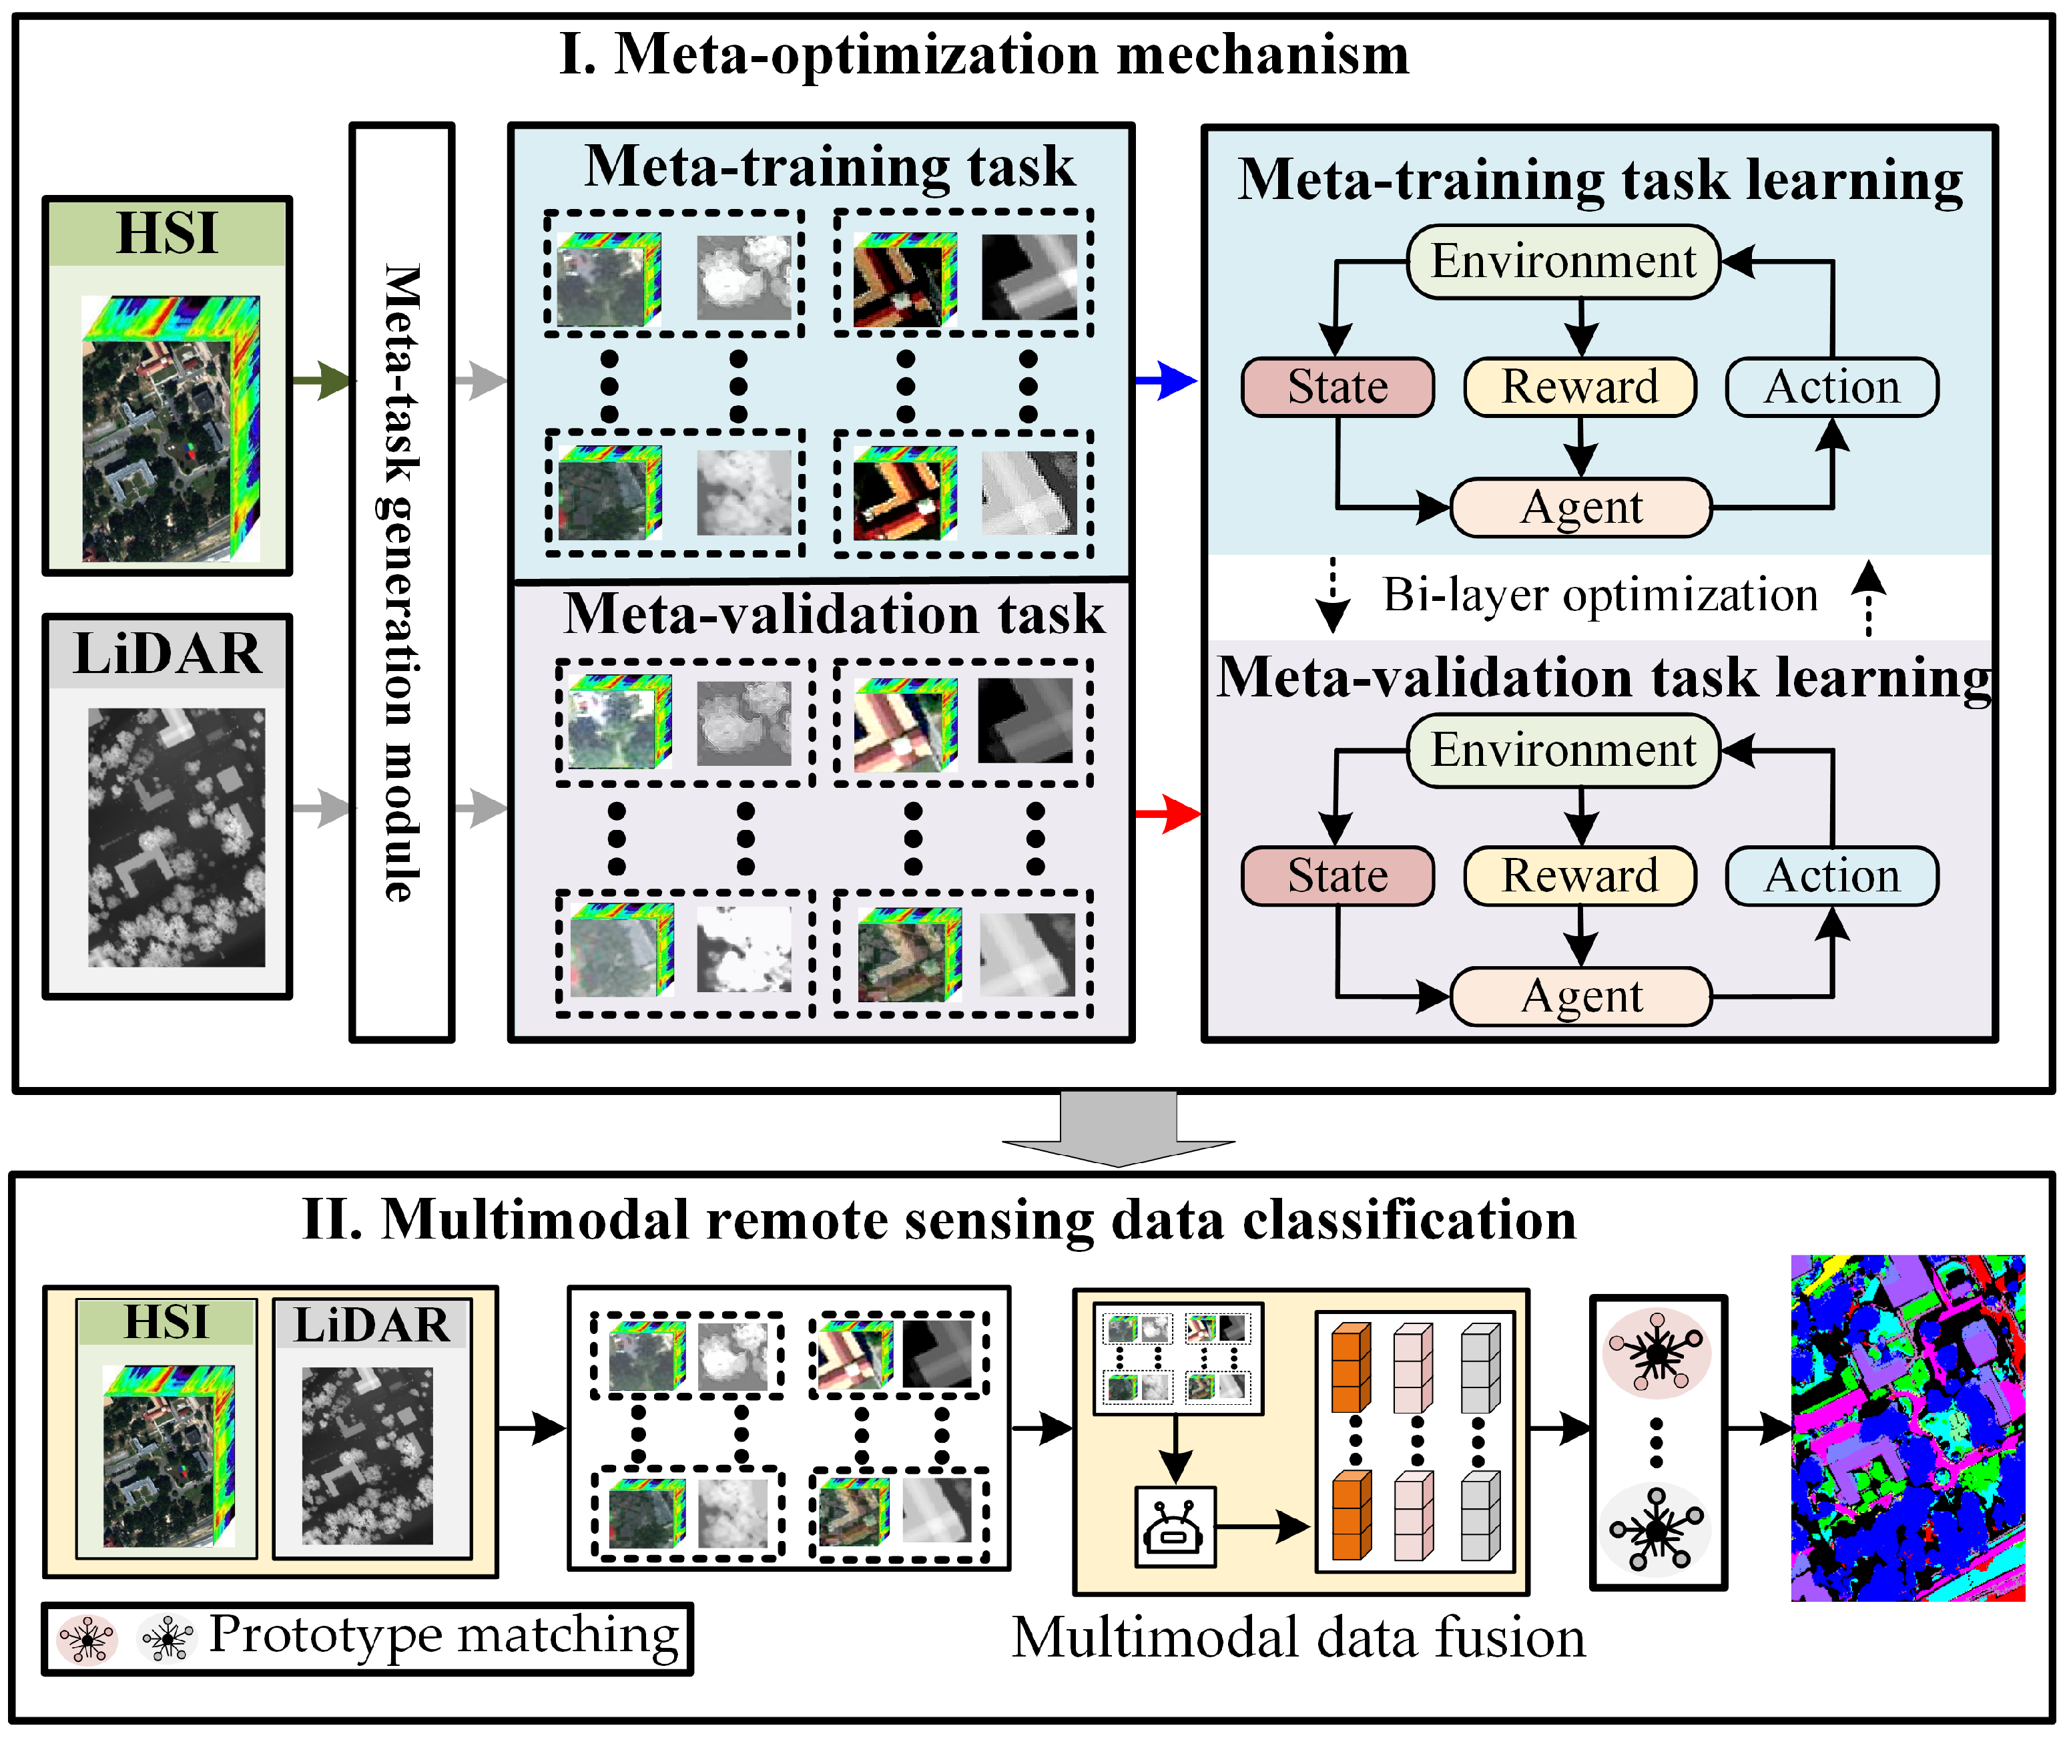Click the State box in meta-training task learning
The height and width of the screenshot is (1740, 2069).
[x=1338, y=387]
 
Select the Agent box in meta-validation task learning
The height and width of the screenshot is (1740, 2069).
[x=1581, y=996]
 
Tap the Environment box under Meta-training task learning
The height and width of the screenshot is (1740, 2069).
[x=1563, y=261]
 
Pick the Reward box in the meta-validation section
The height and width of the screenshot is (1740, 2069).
[x=1580, y=876]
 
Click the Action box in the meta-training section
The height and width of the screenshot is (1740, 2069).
[x=1831, y=387]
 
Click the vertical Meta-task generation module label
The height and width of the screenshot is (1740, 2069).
[x=401, y=582]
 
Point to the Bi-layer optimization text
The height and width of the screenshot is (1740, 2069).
[x=1600, y=595]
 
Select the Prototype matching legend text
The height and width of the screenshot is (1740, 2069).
[x=444, y=1635]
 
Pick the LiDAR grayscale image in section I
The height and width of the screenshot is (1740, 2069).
[x=176, y=837]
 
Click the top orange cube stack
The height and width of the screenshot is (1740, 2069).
[x=1351, y=1367]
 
